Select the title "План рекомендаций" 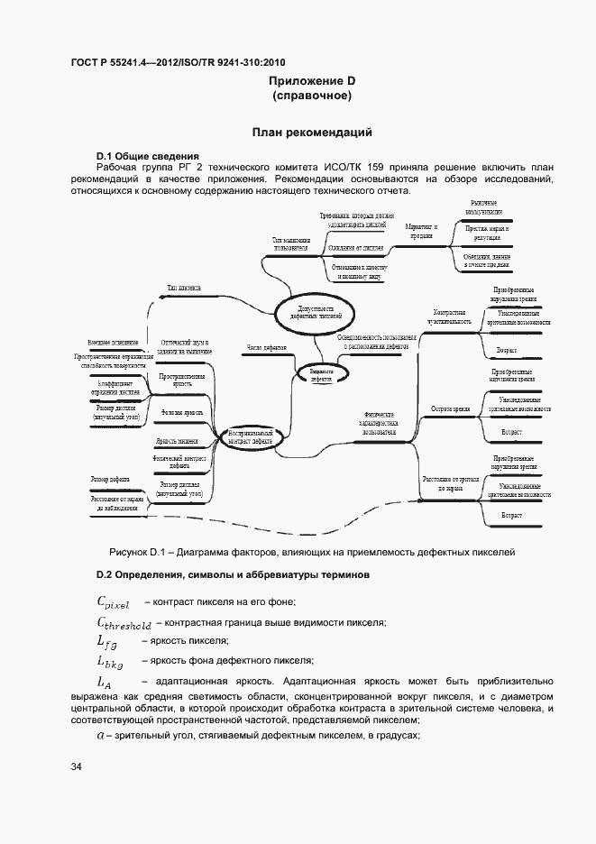tap(311, 133)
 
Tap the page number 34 tap(77, 766)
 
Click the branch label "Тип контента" tap(183, 288)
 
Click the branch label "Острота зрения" tap(451, 408)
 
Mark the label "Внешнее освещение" tap(113, 343)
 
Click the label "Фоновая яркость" tap(180, 411)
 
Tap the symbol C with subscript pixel tap(114, 602)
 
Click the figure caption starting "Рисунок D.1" tap(311, 552)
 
